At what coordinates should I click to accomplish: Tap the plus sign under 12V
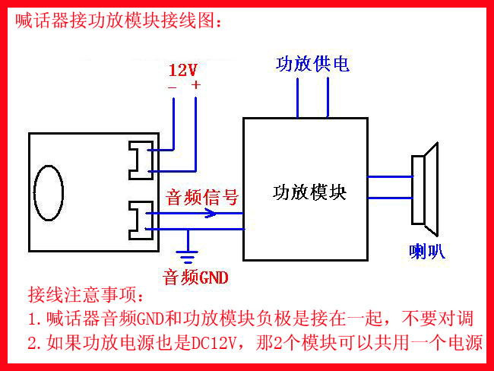[195, 86]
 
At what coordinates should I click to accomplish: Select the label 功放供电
[312, 64]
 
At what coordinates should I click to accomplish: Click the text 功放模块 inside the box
[309, 192]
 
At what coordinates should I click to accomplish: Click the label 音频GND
[195, 277]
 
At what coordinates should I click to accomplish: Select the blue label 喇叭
[426, 252]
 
